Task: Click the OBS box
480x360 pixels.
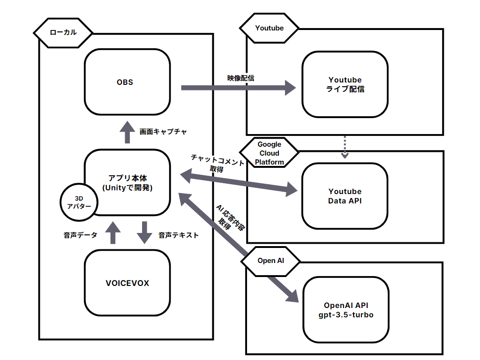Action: [127, 83]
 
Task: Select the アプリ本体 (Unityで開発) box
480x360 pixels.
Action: [127, 183]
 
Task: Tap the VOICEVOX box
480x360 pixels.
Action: [127, 283]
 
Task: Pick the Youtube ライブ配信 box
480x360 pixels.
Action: [345, 84]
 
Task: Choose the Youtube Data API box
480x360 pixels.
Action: [345, 196]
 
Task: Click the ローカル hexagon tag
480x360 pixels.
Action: [63, 32]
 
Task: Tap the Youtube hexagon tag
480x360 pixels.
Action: [269, 28]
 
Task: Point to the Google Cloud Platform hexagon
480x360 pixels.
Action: [269, 153]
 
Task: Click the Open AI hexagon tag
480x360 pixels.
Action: [270, 261]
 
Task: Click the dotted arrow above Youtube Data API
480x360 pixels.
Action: [345, 147]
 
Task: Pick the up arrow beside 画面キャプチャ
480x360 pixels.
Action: [126, 131]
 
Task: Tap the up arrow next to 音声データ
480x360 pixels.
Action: [112, 232]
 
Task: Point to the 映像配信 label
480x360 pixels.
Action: [241, 78]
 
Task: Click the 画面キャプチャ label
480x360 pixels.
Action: [163, 132]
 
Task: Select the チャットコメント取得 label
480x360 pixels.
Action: [217, 164]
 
